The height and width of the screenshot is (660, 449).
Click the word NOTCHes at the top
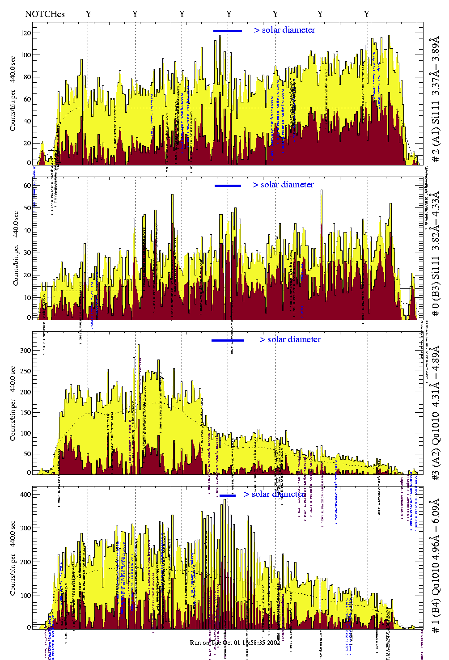[x=45, y=14]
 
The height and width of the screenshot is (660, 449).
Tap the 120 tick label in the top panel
[x=25, y=33]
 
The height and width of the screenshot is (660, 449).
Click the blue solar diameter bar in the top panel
[x=228, y=31]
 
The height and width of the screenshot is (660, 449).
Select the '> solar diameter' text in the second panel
[x=283, y=185]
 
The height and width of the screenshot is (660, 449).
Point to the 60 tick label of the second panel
[x=27, y=186]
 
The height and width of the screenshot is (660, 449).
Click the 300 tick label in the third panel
[x=25, y=351]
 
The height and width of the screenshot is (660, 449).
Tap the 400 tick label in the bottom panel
[x=25, y=495]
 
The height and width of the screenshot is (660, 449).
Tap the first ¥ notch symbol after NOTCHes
[x=88, y=14]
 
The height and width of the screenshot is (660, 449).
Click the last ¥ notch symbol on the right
[x=367, y=14]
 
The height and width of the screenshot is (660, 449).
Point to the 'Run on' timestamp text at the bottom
[x=235, y=643]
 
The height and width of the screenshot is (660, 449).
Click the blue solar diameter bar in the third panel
[x=228, y=340]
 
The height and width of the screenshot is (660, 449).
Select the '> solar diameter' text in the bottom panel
[x=275, y=494]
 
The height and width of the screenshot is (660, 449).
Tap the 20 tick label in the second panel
[x=27, y=275]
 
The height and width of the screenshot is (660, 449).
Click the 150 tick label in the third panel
[x=25, y=413]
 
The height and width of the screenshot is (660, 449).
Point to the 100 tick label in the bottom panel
[x=25, y=596]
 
